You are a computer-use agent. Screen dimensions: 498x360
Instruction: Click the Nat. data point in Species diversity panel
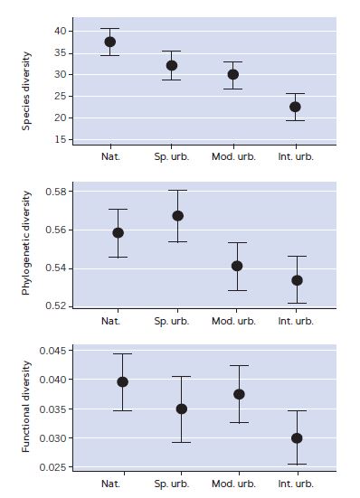click(x=110, y=42)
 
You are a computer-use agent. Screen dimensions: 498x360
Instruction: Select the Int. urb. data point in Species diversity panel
click(x=295, y=107)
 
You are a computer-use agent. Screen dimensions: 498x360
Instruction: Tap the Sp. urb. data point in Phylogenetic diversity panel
click(x=178, y=216)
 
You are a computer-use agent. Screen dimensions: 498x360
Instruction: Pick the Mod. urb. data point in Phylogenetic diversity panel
click(x=237, y=266)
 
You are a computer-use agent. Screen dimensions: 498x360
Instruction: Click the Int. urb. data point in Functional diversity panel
click(x=297, y=437)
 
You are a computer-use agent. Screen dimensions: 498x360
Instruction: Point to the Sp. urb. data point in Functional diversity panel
click(x=182, y=409)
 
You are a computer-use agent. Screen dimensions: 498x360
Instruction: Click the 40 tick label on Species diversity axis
click(x=61, y=31)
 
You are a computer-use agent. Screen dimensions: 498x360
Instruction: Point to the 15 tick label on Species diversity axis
click(x=61, y=139)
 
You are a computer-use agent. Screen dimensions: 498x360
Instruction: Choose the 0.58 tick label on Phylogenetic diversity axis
click(x=57, y=193)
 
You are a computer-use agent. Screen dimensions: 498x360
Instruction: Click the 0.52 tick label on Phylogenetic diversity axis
click(x=57, y=306)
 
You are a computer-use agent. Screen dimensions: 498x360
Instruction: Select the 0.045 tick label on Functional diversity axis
click(x=54, y=350)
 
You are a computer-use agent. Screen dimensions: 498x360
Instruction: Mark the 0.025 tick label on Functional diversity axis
click(x=54, y=467)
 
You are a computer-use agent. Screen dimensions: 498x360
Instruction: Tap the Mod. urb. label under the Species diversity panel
click(x=233, y=156)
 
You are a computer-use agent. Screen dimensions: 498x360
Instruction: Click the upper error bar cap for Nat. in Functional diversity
click(x=123, y=353)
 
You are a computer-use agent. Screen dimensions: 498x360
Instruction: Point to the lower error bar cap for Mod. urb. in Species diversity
click(x=233, y=89)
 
